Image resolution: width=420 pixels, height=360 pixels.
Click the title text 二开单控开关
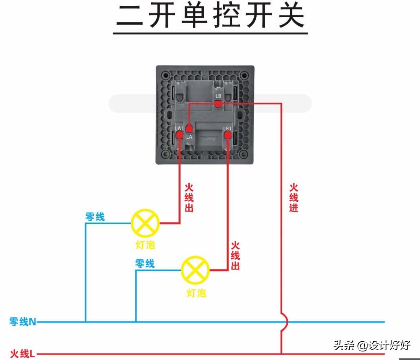pyautogui.click(x=210, y=17)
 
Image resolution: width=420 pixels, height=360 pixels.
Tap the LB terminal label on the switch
pyautogui.click(x=218, y=96)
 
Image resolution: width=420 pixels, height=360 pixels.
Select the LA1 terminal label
pyautogui.click(x=179, y=129)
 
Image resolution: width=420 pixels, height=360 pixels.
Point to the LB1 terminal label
pyautogui.click(x=227, y=129)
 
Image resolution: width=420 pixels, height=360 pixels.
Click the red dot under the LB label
pyautogui.click(x=218, y=105)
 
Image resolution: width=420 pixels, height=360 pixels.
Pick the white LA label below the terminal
pyautogui.click(x=189, y=137)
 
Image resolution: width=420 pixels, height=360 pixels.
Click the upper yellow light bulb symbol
pyautogui.click(x=145, y=223)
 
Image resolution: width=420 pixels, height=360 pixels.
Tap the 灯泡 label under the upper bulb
pyautogui.click(x=145, y=245)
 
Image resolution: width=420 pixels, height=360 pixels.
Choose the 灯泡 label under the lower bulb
pyautogui.click(x=196, y=292)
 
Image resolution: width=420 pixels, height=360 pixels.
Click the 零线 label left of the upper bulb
pyautogui.click(x=95, y=217)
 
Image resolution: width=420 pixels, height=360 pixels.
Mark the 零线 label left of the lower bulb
pyautogui.click(x=145, y=264)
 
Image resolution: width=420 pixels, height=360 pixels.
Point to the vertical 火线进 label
pyautogui.click(x=294, y=198)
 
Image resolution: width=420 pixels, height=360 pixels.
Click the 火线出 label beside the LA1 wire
pyautogui.click(x=189, y=198)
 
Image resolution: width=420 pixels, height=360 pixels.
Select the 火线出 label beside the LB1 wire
pyautogui.click(x=235, y=255)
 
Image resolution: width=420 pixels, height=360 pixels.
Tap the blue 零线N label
pyautogui.click(x=23, y=322)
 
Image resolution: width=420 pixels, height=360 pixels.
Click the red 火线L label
pyautogui.click(x=23, y=353)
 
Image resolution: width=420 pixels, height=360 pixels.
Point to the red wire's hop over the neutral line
pyautogui.click(x=284, y=322)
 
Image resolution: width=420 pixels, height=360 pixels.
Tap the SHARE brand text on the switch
pyautogui.click(x=208, y=138)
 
